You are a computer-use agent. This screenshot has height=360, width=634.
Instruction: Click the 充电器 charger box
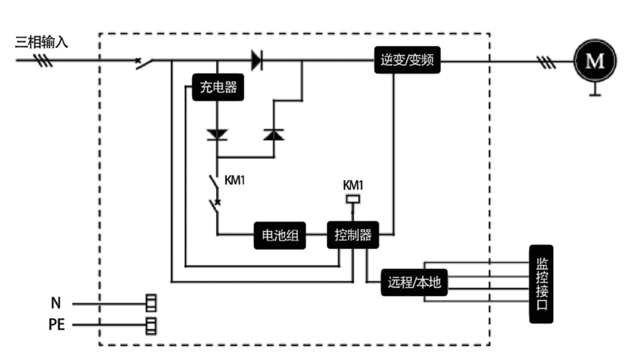pyautogui.click(x=218, y=87)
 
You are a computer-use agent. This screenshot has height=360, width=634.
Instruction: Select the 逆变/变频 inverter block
pyautogui.click(x=407, y=60)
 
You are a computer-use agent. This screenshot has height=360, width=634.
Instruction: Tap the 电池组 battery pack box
pyautogui.click(x=280, y=235)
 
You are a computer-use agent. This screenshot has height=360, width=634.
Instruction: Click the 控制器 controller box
pyautogui.click(x=353, y=235)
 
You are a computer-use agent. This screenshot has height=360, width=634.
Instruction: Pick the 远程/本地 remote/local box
pyautogui.click(x=414, y=282)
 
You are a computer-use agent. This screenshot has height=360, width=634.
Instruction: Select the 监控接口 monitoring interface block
pyautogui.click(x=541, y=284)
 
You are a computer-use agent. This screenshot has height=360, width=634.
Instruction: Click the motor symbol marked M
pyautogui.click(x=595, y=61)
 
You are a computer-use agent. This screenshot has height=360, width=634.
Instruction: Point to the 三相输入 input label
pyautogui.click(x=41, y=42)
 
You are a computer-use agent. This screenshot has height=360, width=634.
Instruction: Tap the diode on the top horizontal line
pyautogui.click(x=257, y=60)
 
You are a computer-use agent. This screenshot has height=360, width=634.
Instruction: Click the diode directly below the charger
pyautogui.click(x=217, y=135)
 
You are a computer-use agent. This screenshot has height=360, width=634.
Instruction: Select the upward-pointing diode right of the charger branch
pyautogui.click(x=274, y=135)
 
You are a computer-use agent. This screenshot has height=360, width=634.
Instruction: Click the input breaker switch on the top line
pyautogui.click(x=144, y=63)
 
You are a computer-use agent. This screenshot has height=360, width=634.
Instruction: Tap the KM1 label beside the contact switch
pyautogui.click(x=234, y=180)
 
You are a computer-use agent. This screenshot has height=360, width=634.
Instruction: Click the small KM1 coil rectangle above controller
pyautogui.click(x=353, y=199)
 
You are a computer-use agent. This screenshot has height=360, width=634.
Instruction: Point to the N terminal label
pyautogui.click(x=56, y=303)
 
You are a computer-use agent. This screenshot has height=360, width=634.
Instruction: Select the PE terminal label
pyautogui.click(x=56, y=325)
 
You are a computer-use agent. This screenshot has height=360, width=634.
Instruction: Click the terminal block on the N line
pyautogui.click(x=151, y=303)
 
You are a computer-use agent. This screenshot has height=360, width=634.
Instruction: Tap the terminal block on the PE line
pyautogui.click(x=151, y=325)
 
